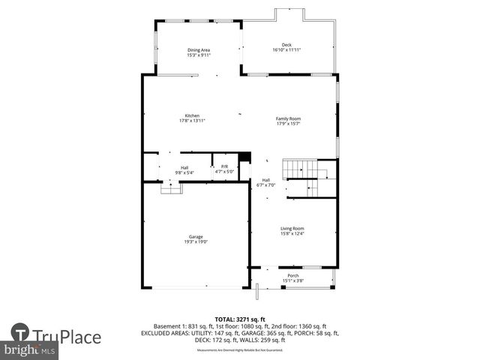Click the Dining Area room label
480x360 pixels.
point(199,50)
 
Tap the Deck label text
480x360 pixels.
point(286,45)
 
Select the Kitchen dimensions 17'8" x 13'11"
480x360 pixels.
point(192,120)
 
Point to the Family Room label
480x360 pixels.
point(288,119)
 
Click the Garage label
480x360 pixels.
point(196,237)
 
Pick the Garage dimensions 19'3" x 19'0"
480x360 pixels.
point(196,241)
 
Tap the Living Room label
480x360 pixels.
point(292,229)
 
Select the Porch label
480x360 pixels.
point(293,276)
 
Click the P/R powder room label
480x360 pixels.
point(224,166)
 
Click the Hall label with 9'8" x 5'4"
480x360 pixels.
point(184,168)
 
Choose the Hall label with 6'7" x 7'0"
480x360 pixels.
point(266,180)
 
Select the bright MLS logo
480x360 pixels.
point(30,350)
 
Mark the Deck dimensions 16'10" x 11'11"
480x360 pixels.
point(286,50)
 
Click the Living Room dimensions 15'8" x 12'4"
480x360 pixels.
point(292,234)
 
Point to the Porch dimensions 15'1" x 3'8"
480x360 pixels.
point(293,280)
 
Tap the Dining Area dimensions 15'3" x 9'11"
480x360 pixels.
point(199,55)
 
